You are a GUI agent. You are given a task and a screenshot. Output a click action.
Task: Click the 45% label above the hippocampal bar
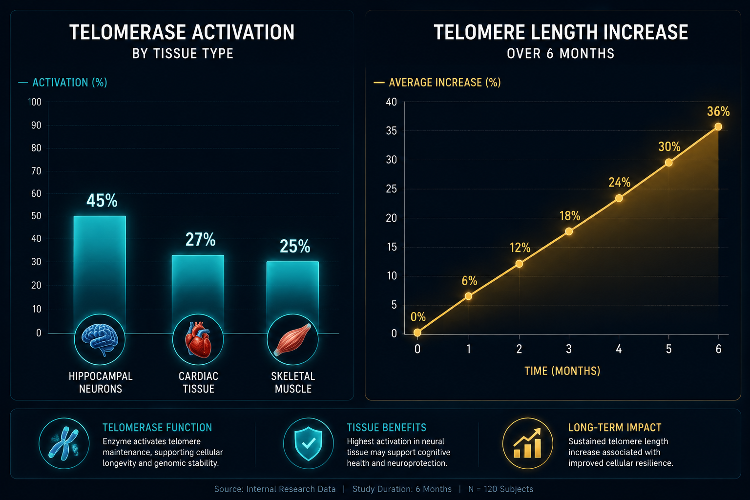(x=102, y=201)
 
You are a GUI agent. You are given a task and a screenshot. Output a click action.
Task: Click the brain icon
(x=100, y=339)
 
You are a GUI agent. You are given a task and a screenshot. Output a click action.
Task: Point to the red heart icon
(x=198, y=339)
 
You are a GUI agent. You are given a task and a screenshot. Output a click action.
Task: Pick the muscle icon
(x=292, y=339)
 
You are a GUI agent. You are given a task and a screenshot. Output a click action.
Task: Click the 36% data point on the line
(x=718, y=126)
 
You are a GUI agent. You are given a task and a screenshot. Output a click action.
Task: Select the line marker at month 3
(x=569, y=231)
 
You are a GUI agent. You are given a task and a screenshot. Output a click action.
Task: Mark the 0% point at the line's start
(x=417, y=333)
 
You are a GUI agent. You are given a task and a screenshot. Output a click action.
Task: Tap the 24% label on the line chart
(x=620, y=183)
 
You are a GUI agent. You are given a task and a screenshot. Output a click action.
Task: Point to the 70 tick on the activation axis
(x=36, y=171)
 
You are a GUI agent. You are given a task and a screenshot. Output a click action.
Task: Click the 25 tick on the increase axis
(x=392, y=189)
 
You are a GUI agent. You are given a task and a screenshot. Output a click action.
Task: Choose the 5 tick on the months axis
(x=668, y=349)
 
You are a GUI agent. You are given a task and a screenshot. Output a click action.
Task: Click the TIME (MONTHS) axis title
(x=562, y=371)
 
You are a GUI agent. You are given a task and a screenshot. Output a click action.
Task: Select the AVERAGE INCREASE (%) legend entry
(x=437, y=83)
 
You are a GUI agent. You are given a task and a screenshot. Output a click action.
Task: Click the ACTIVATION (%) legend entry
(x=63, y=83)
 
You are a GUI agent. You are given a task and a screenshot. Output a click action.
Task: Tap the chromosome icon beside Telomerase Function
(x=64, y=443)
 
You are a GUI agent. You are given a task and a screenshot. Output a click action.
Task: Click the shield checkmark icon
(x=309, y=443)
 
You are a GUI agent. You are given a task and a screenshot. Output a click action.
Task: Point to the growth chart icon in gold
(x=528, y=443)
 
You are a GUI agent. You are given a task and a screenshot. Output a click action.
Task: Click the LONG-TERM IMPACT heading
(x=615, y=428)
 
